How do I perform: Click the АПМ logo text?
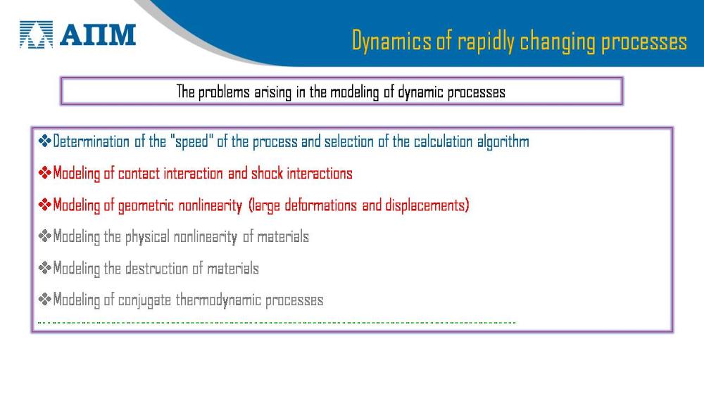pyautogui.click(x=98, y=35)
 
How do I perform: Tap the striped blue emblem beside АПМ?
pyautogui.click(x=37, y=34)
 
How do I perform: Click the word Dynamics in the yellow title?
pyautogui.click(x=391, y=41)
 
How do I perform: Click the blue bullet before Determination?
pyautogui.click(x=45, y=141)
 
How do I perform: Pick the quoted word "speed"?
pyautogui.click(x=191, y=141)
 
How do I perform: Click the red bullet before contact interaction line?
pyautogui.click(x=45, y=173)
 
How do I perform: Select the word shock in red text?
pyautogui.click(x=267, y=174)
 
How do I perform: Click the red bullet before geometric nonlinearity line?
pyautogui.click(x=45, y=205)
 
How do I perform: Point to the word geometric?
pyautogui.click(x=146, y=206)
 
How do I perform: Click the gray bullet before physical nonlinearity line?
pyautogui.click(x=45, y=236)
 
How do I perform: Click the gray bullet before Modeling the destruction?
pyautogui.click(x=45, y=268)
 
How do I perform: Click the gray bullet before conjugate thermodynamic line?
pyautogui.click(x=45, y=300)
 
